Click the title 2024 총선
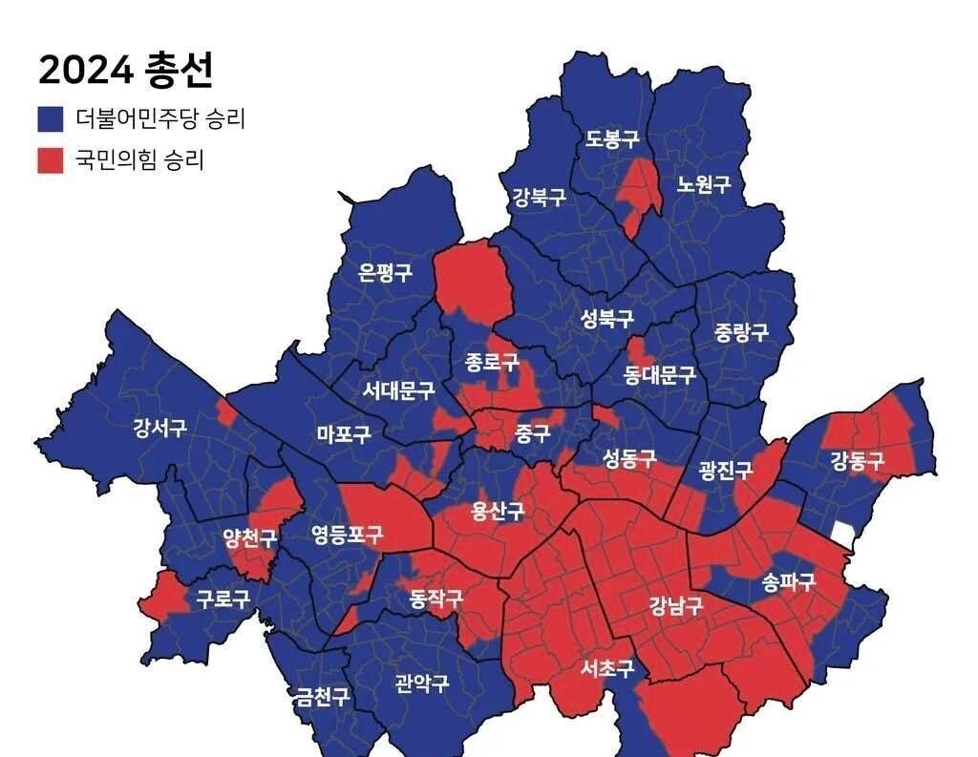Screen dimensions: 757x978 (x=125, y=70)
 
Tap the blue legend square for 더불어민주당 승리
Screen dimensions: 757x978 (x=50, y=119)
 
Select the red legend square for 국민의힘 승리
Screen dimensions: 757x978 (x=50, y=159)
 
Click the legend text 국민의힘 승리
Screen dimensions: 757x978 (x=139, y=159)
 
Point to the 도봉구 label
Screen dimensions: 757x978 (x=612, y=140)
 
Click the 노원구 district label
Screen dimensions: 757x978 (x=704, y=184)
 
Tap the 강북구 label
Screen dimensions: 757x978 (x=539, y=199)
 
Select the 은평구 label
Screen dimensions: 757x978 (x=386, y=273)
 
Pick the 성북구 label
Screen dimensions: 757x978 (x=607, y=319)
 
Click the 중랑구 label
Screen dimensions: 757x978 (x=741, y=332)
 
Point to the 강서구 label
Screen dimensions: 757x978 (x=160, y=428)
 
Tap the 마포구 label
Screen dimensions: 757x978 (x=344, y=434)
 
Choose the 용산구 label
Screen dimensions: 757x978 (x=498, y=511)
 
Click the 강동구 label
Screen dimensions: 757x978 (x=857, y=462)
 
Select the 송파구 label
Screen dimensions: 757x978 (x=789, y=581)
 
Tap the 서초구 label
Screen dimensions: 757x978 (x=607, y=668)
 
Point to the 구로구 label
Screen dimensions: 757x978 (x=223, y=599)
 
